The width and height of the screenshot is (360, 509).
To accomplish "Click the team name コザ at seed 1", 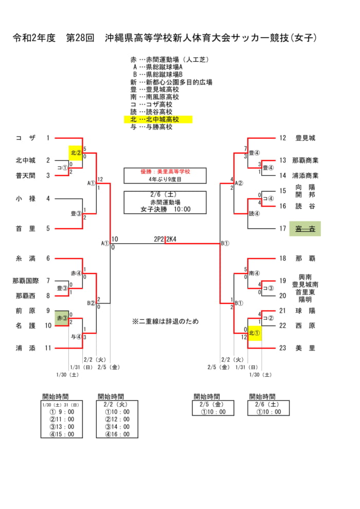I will coord(25,138).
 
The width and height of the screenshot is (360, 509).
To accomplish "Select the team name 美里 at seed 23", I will coord(305,348).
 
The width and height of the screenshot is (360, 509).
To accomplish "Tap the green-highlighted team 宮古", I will coord(305,229).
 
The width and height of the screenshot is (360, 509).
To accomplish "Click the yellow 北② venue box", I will coord(76,153).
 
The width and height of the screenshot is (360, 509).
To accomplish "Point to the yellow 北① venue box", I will coord(254,333).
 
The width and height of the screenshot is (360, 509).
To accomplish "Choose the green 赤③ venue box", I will coord(62,318).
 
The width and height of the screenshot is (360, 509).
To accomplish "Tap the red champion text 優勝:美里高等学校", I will coord(165,172).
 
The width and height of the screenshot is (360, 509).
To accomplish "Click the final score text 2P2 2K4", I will coord(165,239).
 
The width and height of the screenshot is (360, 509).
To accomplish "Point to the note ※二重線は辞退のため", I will coord(165,321).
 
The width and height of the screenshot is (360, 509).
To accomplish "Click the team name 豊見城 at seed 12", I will coord(305,138).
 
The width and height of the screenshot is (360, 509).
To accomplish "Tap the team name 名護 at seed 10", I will coord(25,325).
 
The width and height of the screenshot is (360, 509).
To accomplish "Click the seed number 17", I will coord(282,229).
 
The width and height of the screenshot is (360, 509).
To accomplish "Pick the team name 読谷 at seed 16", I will coord(305,206).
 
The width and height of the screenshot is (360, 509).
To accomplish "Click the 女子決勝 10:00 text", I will coord(165,209).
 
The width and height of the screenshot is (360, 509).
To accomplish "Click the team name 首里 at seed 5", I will coord(25,229).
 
